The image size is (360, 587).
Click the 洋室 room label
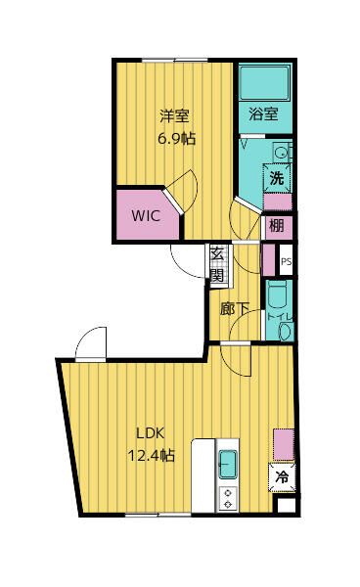(174, 115)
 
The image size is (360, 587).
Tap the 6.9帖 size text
(177, 139)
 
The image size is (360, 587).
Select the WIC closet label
(146, 215)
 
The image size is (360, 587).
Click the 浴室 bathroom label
(263, 113)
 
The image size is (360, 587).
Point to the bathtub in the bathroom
(264, 83)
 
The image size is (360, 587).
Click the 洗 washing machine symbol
(277, 178)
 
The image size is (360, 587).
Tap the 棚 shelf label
(277, 226)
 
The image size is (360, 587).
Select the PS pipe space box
(286, 260)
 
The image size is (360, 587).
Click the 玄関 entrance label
(217, 265)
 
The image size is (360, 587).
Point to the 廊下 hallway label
(234, 310)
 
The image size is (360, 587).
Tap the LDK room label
(150, 433)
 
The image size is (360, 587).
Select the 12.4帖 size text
(151, 456)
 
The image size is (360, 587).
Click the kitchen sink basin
(228, 464)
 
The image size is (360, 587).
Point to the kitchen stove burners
(228, 499)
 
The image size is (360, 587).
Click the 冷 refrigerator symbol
(282, 477)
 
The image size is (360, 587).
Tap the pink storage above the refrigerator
(284, 444)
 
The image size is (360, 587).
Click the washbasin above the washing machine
(281, 152)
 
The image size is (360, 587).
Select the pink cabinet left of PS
(268, 260)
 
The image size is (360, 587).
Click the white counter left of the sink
(203, 475)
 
